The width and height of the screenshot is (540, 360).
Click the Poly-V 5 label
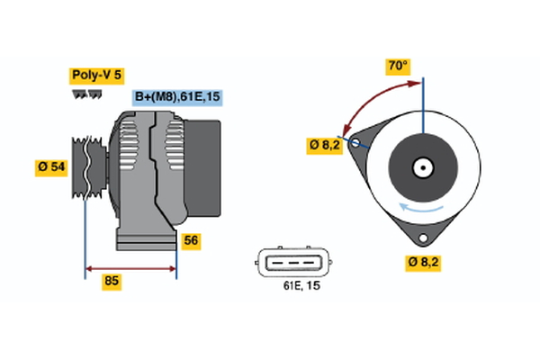(95, 76)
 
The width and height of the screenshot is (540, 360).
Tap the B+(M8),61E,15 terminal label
(176, 97)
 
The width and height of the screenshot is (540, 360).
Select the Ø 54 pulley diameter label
(51, 166)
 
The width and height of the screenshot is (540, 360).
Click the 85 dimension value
(112, 282)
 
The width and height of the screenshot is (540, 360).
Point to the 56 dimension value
(191, 240)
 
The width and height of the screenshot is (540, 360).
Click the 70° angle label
(398, 66)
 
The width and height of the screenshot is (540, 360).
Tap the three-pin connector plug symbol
(292, 262)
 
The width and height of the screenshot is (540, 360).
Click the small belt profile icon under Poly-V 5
(85, 94)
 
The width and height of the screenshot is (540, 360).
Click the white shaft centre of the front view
(421, 167)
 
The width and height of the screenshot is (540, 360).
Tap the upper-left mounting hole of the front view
(356, 143)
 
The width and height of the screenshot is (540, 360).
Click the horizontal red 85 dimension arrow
(130, 268)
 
